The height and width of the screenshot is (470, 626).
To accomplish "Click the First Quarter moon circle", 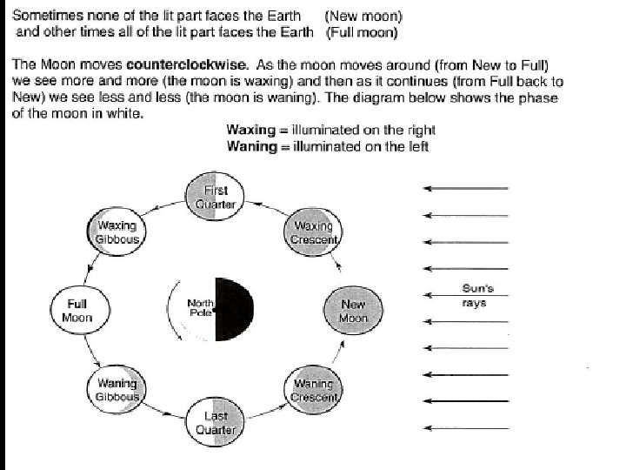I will (215, 197).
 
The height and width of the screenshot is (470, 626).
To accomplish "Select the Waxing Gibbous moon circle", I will (117, 232).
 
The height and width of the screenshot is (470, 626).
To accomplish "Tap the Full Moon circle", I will (77, 311).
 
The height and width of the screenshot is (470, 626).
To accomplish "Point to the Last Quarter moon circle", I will (215, 422).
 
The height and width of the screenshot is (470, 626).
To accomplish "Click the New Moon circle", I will (353, 311).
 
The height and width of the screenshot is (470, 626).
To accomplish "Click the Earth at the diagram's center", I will (216, 310).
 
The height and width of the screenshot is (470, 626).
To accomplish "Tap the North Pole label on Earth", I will (201, 307).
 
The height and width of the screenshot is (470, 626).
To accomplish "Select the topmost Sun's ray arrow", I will (466, 189).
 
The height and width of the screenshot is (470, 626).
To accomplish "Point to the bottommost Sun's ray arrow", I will (466, 427).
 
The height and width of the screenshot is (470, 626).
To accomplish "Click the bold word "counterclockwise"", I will (180, 64).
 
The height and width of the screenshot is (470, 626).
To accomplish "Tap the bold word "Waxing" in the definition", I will (250, 131).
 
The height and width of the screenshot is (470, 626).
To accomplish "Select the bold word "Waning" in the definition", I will (250, 146).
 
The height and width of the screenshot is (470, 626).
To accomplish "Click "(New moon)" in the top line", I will (363, 17).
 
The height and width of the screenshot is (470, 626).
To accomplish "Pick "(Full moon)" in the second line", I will (363, 33).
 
